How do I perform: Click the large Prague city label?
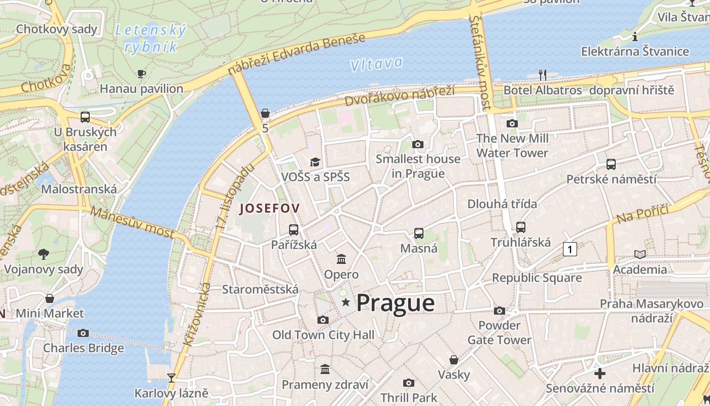(x=396, y=303)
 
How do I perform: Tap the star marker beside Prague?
(x=346, y=302)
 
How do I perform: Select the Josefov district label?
(x=269, y=208)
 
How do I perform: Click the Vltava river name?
(x=376, y=64)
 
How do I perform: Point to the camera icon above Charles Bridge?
(x=83, y=333)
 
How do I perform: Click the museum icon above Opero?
(x=341, y=259)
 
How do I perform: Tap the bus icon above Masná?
(x=419, y=233)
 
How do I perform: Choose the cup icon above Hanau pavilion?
(x=141, y=74)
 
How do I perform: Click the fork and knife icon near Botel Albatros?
(x=543, y=75)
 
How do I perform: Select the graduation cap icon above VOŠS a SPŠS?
(x=315, y=162)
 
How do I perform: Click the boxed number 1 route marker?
(x=570, y=249)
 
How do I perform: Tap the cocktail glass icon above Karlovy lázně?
(x=171, y=378)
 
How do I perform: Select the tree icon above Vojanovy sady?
(x=44, y=254)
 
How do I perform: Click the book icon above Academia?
(x=640, y=254)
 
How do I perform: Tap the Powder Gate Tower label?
(x=500, y=332)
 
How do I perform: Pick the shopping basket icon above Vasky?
(x=454, y=360)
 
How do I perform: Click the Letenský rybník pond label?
(x=151, y=39)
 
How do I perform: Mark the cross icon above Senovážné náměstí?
(x=600, y=374)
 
